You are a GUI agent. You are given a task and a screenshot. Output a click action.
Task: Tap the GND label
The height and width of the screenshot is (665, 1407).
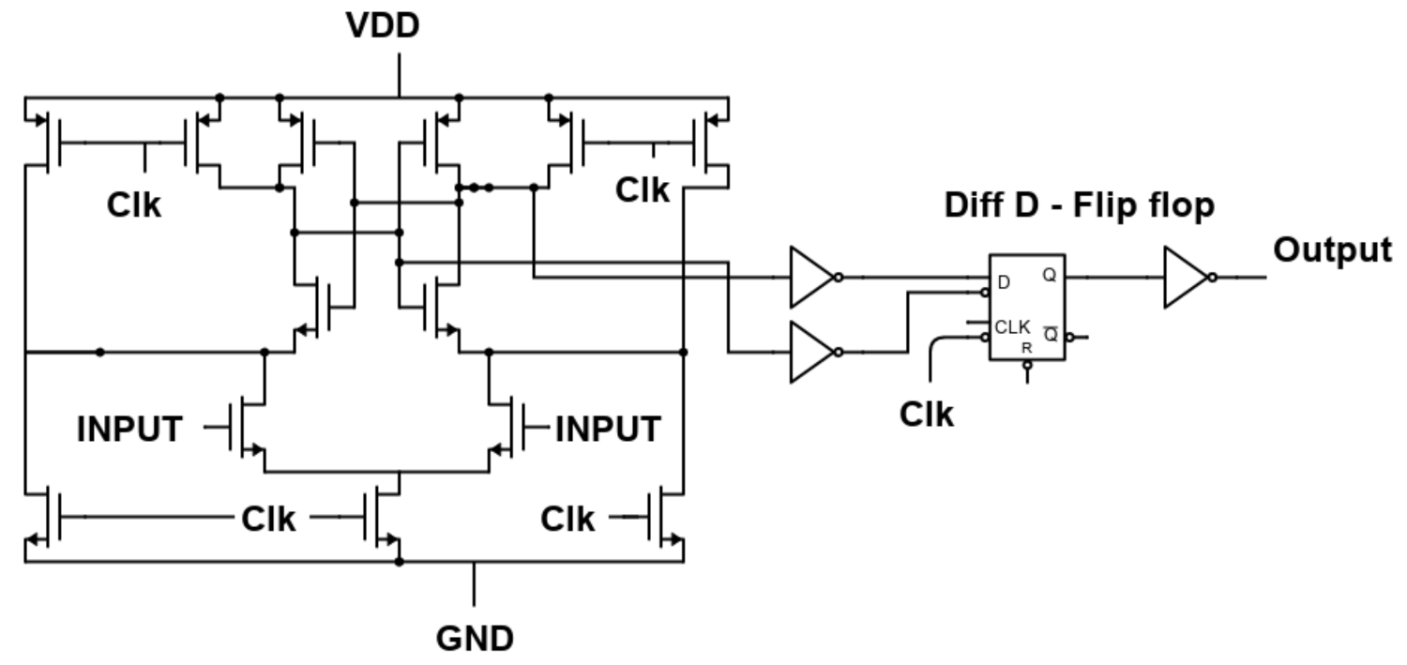(x=475, y=639)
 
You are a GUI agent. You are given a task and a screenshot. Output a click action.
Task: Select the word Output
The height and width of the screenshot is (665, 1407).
(x=1332, y=250)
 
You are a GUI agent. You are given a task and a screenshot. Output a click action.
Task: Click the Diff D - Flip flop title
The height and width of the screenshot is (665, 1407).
(x=1079, y=206)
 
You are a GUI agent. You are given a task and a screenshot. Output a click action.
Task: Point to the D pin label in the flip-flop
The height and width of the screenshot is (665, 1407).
(x=1005, y=282)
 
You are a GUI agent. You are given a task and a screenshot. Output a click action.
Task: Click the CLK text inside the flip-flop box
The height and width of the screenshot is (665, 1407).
(x=1012, y=327)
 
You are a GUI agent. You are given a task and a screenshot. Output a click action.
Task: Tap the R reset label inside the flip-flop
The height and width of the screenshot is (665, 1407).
(x=1027, y=347)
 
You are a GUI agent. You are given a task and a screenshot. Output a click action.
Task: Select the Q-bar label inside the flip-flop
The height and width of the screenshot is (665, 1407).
(x=1051, y=334)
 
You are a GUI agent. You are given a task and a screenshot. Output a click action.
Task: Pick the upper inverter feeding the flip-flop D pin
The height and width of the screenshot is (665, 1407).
(x=810, y=278)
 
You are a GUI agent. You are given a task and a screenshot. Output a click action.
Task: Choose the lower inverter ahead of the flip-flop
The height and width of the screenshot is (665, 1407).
(x=810, y=352)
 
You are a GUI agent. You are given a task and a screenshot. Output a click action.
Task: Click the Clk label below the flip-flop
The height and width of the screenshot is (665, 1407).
(x=926, y=414)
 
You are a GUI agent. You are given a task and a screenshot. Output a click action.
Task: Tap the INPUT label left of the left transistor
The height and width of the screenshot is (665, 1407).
(x=129, y=430)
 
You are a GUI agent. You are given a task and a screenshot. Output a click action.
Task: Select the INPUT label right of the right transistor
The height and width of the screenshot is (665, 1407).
(x=608, y=430)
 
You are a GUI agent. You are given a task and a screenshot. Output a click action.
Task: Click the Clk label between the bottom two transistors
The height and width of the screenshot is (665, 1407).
(x=268, y=518)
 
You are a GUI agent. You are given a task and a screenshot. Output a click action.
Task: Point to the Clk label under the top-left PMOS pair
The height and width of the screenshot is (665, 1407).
(x=133, y=205)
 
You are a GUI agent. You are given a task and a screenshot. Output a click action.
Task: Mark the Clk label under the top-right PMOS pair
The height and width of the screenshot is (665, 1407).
(x=643, y=190)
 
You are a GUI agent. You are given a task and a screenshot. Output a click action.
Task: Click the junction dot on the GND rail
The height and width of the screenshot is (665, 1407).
(x=400, y=562)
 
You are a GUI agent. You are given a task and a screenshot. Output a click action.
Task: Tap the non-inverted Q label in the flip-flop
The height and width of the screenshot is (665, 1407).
(x=1049, y=277)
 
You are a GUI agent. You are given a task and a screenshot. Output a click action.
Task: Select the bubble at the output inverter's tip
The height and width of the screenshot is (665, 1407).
(x=1213, y=278)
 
